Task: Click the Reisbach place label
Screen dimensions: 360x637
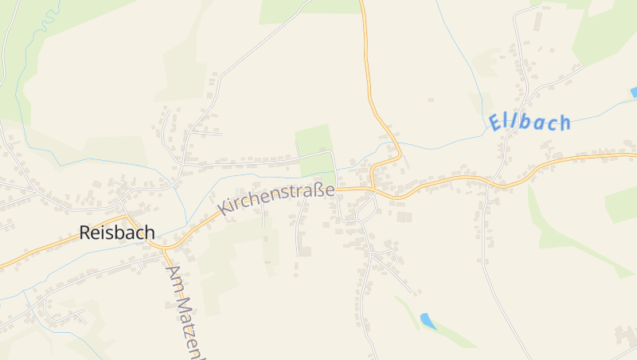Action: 117,233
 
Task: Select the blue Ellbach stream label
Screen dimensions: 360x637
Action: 530,123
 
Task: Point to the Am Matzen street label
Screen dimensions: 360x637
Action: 182,311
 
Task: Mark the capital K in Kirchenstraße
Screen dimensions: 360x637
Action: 225,209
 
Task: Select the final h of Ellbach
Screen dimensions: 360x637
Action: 564,123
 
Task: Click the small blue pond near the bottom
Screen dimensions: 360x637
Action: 428,321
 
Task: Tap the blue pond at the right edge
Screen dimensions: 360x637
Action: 634,92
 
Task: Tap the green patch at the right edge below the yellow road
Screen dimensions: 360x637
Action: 622,205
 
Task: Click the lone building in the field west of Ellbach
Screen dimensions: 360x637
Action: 431,100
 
